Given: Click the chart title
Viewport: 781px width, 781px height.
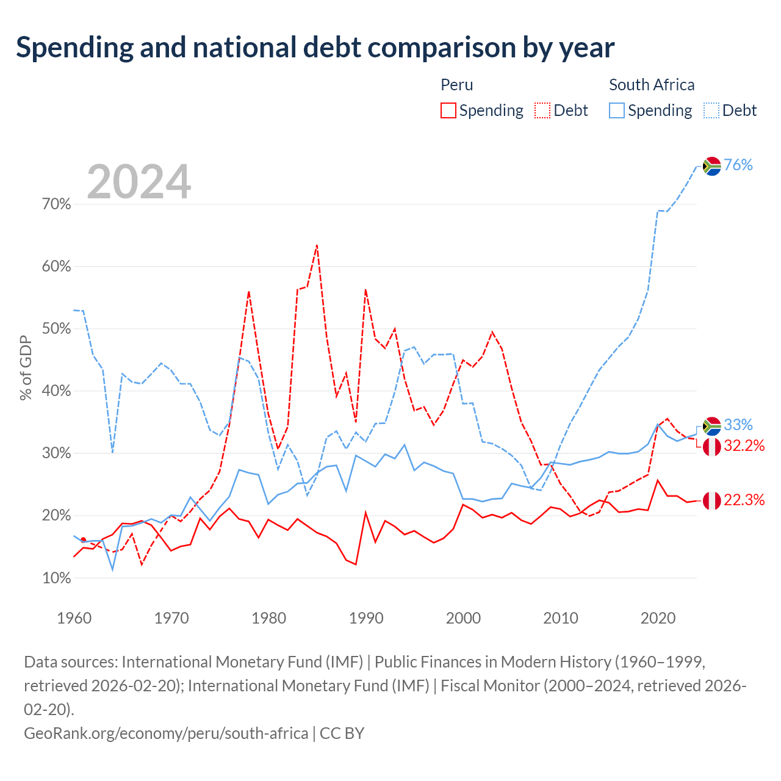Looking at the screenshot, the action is pyautogui.click(x=315, y=48).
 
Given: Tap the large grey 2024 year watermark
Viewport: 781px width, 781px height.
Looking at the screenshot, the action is pyautogui.click(x=139, y=181).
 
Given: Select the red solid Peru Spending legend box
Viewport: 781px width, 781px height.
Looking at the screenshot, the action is pyautogui.click(x=448, y=110).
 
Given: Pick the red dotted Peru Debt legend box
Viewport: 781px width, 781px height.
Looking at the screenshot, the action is pyautogui.click(x=542, y=110).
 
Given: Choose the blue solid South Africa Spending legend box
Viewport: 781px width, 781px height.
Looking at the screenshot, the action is pyautogui.click(x=616, y=110).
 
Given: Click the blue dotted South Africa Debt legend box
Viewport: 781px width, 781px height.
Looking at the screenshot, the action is pyautogui.click(x=711, y=110).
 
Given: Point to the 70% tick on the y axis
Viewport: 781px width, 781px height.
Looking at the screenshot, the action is pyautogui.click(x=56, y=204).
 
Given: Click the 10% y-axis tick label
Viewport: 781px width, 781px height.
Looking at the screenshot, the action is pyautogui.click(x=56, y=578).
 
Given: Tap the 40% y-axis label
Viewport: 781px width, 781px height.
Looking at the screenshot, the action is pyautogui.click(x=56, y=390).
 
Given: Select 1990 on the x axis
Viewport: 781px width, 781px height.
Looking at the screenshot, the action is pyautogui.click(x=366, y=618).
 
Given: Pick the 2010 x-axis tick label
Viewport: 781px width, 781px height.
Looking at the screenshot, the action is pyautogui.click(x=561, y=618).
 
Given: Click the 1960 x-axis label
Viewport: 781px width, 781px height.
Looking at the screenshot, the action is pyautogui.click(x=74, y=618).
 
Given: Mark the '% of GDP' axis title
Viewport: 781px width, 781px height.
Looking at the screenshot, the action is pyautogui.click(x=26, y=367).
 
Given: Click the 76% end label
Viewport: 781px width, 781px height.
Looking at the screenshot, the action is pyautogui.click(x=738, y=165).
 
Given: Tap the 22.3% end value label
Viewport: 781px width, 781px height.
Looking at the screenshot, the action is pyautogui.click(x=744, y=500).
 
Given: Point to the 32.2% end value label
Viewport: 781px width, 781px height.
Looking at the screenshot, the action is pyautogui.click(x=744, y=446).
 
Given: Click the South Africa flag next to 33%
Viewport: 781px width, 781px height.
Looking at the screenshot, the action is pyautogui.click(x=711, y=426).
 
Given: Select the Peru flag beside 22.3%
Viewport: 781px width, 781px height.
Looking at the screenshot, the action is pyautogui.click(x=711, y=501).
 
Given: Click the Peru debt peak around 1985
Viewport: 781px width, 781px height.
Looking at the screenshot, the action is pyautogui.click(x=317, y=245).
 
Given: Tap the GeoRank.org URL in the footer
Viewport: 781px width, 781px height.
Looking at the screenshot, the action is pyautogui.click(x=166, y=733).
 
